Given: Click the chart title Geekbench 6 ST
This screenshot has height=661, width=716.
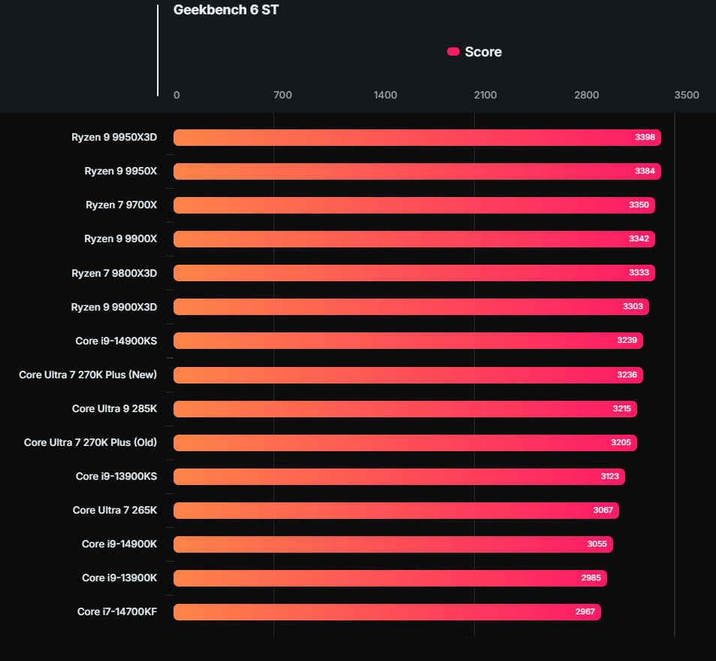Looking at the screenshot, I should [225, 11].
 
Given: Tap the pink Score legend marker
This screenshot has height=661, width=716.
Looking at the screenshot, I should [453, 52].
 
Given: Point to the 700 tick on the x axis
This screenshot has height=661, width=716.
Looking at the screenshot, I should [282, 96].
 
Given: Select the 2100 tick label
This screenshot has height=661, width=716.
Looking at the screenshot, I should [485, 96].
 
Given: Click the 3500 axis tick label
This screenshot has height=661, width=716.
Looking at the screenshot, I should [686, 96].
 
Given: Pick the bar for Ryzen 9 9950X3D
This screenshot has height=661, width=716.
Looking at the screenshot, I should [417, 138].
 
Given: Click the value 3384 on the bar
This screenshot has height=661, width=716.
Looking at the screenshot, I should [645, 171].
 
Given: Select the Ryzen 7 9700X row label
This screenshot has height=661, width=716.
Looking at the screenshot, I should [121, 205].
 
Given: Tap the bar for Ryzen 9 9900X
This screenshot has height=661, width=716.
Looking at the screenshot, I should [414, 239].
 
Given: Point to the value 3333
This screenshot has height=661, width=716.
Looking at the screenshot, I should [639, 273].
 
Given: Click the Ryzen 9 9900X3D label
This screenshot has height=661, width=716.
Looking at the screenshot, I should [113, 307].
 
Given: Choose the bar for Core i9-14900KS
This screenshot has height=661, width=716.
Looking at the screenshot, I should [408, 341].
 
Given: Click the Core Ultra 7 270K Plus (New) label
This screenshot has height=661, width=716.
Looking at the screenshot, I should [88, 374].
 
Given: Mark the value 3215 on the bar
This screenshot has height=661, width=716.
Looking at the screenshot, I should [622, 409].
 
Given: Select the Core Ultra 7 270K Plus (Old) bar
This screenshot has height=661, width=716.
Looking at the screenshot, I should [405, 443].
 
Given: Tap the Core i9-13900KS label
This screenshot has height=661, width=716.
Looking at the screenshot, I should [116, 477].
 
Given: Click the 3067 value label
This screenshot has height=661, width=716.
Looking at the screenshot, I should [603, 511].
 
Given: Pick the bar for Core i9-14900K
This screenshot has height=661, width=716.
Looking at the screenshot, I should [393, 544].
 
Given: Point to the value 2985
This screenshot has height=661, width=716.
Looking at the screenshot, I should [591, 578].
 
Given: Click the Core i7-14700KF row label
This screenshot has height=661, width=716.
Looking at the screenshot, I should [117, 612].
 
